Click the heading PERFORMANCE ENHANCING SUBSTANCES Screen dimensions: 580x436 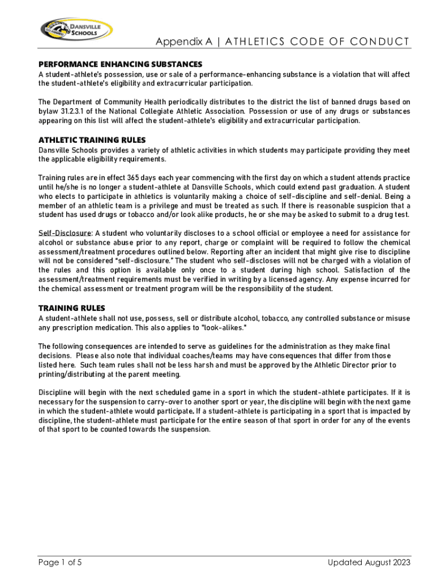tap(120, 65)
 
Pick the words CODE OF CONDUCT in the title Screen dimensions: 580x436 tap(357, 42)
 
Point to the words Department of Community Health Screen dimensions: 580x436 tap(108, 102)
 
